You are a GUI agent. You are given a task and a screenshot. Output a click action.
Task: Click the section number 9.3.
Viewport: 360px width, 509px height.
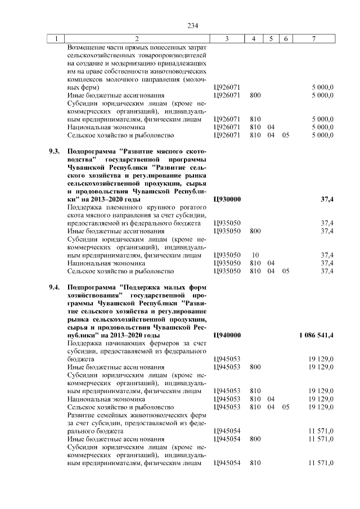(54, 152)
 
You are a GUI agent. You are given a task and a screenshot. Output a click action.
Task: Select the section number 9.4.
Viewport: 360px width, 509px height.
(54, 287)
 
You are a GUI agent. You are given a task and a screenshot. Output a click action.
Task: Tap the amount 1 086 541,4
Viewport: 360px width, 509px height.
(317, 335)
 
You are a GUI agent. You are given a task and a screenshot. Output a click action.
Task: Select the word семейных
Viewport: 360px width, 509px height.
(107, 415)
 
